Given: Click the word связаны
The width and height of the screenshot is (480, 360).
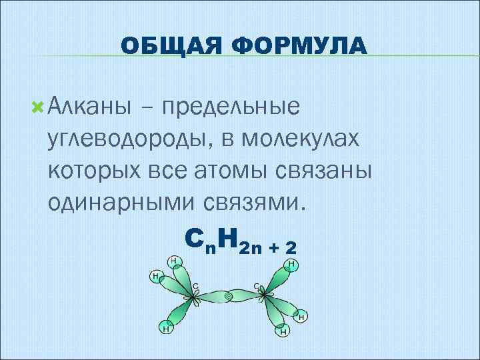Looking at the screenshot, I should (333, 170).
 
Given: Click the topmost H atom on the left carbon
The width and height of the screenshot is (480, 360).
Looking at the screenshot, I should (173, 261).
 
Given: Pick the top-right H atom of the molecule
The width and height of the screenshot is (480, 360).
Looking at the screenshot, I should (291, 265).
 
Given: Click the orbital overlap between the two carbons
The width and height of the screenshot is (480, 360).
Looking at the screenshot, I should (229, 295).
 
